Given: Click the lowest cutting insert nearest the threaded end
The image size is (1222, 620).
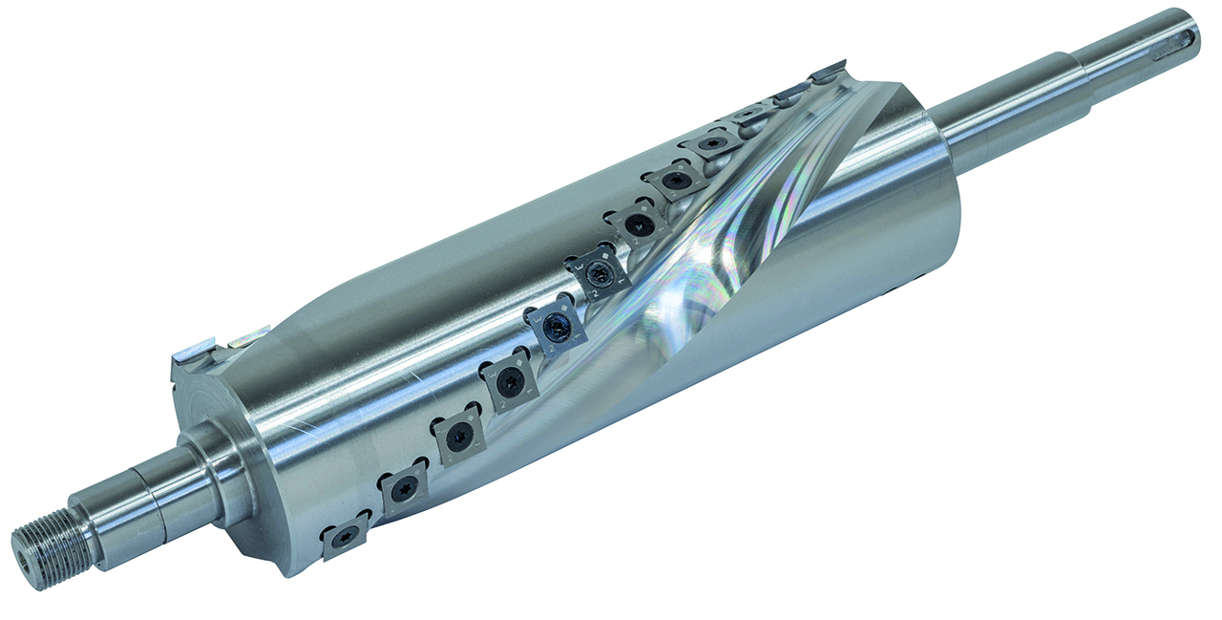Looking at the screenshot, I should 346,539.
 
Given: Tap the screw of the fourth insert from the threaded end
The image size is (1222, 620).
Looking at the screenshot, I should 510,383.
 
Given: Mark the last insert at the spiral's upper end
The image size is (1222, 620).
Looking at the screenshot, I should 827,71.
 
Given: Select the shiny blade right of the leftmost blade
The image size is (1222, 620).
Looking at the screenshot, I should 246,335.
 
